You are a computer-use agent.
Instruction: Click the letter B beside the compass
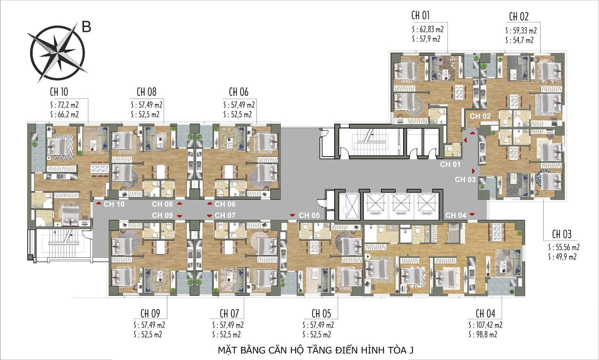pyautogui.click(x=86, y=27)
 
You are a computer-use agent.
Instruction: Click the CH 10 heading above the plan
pyautogui.click(x=59, y=92)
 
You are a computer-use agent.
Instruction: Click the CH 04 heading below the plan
pyautogui.click(x=485, y=313)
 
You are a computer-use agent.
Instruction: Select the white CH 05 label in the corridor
pyautogui.click(x=309, y=215)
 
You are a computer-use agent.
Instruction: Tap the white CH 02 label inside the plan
pyautogui.click(x=480, y=116)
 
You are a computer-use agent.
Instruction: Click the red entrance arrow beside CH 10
pyautogui.click(x=98, y=203)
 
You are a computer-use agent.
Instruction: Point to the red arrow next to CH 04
pyautogui.click(x=472, y=215)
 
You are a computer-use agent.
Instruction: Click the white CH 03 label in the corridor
pyautogui.click(x=465, y=179)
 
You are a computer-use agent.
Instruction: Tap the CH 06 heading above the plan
pyautogui.click(x=238, y=92)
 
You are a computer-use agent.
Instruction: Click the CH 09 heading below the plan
pyautogui.click(x=150, y=313)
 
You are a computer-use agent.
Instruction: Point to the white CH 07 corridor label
pyautogui.click(x=225, y=215)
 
